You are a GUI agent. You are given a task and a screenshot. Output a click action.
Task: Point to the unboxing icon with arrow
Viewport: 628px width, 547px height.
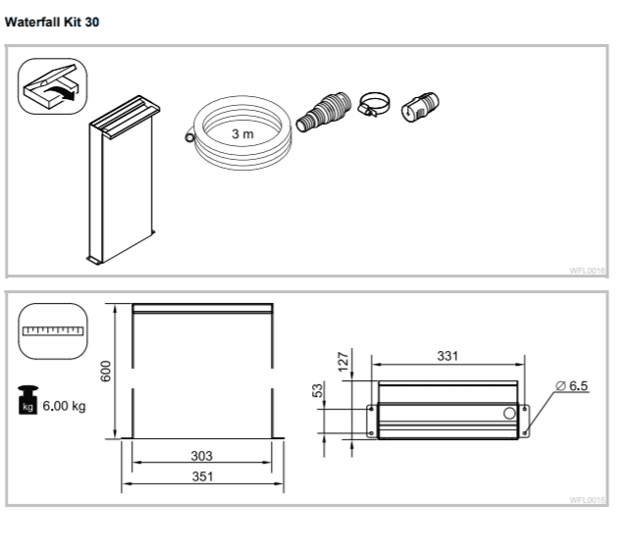53,85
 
